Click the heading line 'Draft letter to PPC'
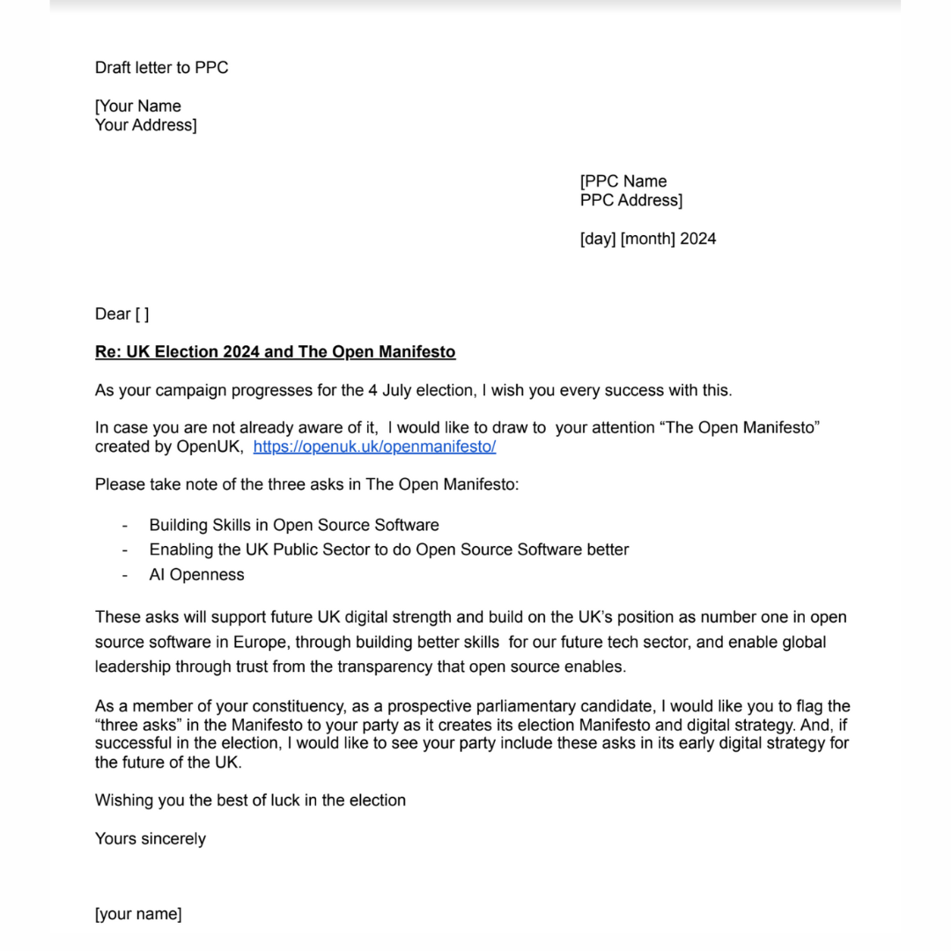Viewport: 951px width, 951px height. pyautogui.click(x=161, y=68)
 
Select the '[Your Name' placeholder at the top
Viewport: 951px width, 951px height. pyautogui.click(x=138, y=107)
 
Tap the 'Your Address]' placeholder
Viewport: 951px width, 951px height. pyautogui.click(x=145, y=125)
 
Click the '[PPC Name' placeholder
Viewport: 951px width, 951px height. pyautogui.click(x=623, y=181)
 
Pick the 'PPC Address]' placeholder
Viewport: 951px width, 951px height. pyautogui.click(x=630, y=200)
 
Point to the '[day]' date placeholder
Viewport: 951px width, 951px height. pyautogui.click(x=597, y=239)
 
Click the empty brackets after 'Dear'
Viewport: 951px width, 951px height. pyautogui.click(x=142, y=314)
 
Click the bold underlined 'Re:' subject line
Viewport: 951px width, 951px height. pyautogui.click(x=275, y=352)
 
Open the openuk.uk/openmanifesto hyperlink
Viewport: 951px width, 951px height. pyautogui.click(x=374, y=446)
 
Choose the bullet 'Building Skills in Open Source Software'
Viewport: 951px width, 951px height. pyautogui.click(x=293, y=525)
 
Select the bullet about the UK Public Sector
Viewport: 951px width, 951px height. pyautogui.click(x=388, y=549)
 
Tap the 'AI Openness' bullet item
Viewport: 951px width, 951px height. pyautogui.click(x=196, y=575)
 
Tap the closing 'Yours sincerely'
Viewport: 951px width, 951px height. pyautogui.click(x=150, y=838)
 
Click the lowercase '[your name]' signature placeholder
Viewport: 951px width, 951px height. pyautogui.click(x=138, y=914)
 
